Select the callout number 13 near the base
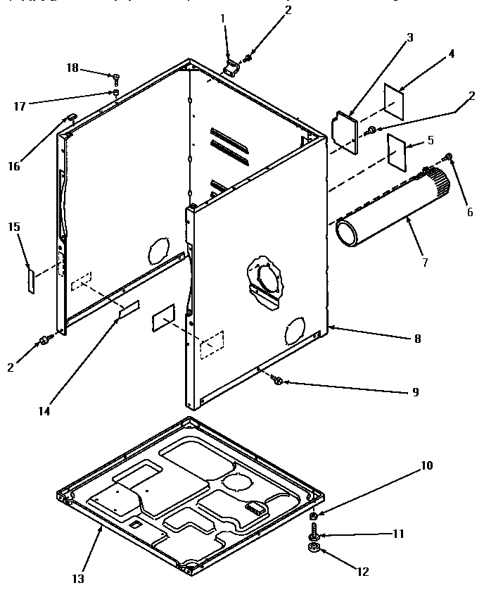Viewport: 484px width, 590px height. coord(77,578)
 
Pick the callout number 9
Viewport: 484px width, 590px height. coord(415,392)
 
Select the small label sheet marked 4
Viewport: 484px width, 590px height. coord(395,101)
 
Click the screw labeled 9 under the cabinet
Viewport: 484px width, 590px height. coord(277,381)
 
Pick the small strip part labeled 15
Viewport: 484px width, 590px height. coord(30,280)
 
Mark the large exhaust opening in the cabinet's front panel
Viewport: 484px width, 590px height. coord(267,278)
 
